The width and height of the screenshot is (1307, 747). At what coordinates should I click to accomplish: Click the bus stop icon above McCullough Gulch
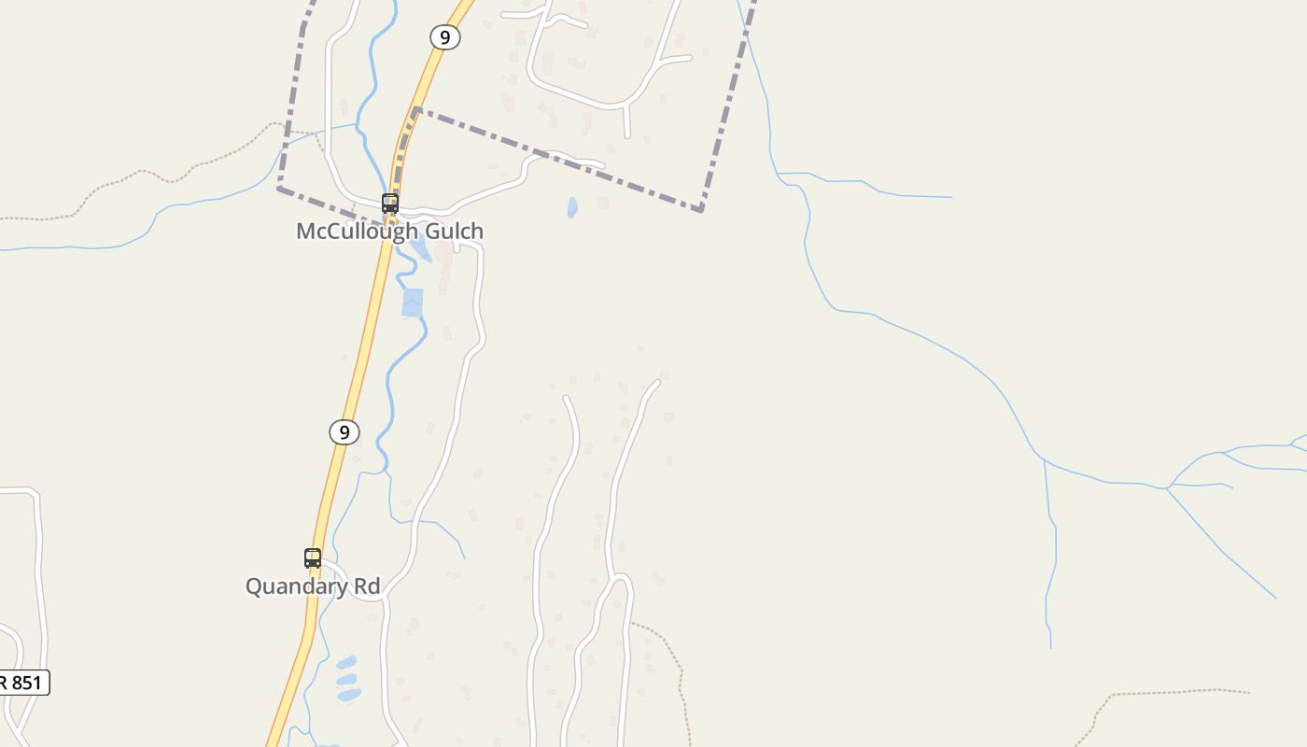[390, 203]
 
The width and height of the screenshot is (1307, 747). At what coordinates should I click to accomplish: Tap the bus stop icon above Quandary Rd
[313, 558]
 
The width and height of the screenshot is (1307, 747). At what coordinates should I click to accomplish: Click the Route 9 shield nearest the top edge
[445, 37]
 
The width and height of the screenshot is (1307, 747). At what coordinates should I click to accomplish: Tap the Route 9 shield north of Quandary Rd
[344, 432]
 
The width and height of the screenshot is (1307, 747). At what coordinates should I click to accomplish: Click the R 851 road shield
[22, 683]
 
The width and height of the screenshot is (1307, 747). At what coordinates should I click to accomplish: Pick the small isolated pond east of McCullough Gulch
[572, 207]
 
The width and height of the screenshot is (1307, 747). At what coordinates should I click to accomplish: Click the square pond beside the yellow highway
[412, 303]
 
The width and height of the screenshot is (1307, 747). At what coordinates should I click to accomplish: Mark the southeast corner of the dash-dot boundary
[700, 210]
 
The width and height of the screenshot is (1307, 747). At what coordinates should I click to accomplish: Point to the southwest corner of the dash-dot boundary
[280, 189]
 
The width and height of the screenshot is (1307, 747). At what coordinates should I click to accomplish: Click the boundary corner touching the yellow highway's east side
[415, 110]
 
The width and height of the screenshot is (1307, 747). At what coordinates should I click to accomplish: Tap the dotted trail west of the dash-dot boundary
[140, 173]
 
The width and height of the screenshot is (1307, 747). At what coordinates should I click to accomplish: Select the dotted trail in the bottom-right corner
[1176, 692]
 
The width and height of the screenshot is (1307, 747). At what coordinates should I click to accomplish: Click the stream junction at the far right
[1167, 487]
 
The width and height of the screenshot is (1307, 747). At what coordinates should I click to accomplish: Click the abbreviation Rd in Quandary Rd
[366, 586]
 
